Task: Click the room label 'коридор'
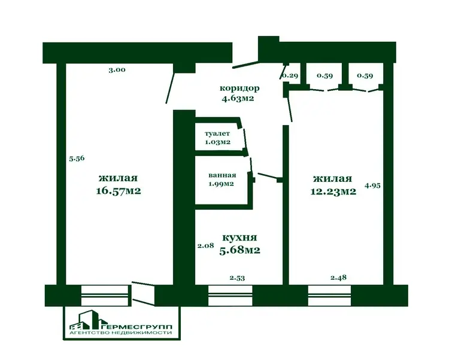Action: pyautogui.click(x=239, y=89)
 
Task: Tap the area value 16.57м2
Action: pyautogui.click(x=119, y=191)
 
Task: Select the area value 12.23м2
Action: pyautogui.click(x=333, y=191)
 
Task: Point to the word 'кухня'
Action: pyautogui.click(x=239, y=237)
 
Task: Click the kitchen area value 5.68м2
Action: pyautogui.click(x=239, y=250)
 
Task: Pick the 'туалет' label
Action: pyautogui.click(x=217, y=133)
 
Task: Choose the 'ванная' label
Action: pyautogui.click(x=222, y=175)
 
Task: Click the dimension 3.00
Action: pyautogui.click(x=117, y=70)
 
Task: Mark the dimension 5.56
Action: pyautogui.click(x=77, y=158)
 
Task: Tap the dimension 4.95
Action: pyautogui.click(x=372, y=185)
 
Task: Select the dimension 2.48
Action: pyautogui.click(x=338, y=277)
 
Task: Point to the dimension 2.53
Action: pyautogui.click(x=237, y=278)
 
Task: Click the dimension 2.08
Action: pyautogui.click(x=205, y=245)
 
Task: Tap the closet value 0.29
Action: pyautogui.click(x=290, y=76)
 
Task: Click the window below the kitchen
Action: pyautogui.click(x=230, y=295)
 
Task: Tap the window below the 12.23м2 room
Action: pyautogui.click(x=330, y=295)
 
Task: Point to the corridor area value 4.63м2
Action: pyautogui.click(x=238, y=99)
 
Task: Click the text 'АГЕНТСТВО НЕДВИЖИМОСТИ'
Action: pyautogui.click(x=121, y=333)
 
